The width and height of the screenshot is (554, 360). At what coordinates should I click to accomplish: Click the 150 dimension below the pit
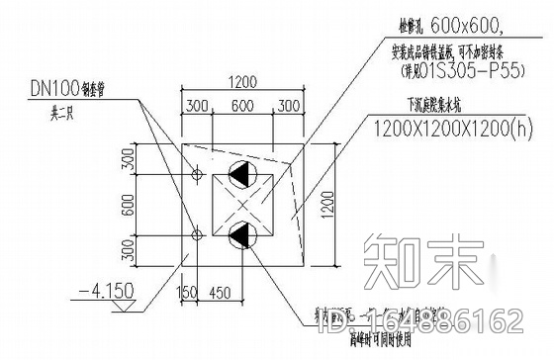point(183,294)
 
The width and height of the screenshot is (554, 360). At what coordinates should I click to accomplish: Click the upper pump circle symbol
point(240,174)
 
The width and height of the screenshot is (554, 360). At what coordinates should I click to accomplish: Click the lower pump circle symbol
point(240,235)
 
